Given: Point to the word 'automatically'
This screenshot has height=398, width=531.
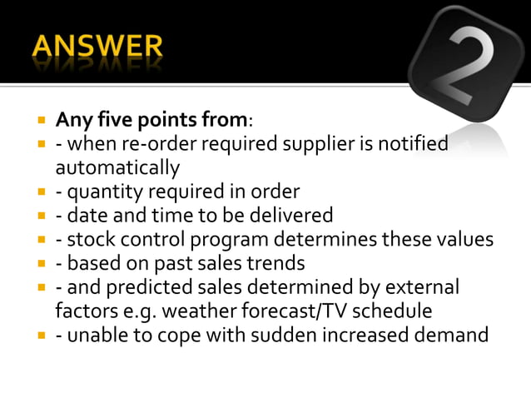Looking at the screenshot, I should pyautogui.click(x=117, y=168).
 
